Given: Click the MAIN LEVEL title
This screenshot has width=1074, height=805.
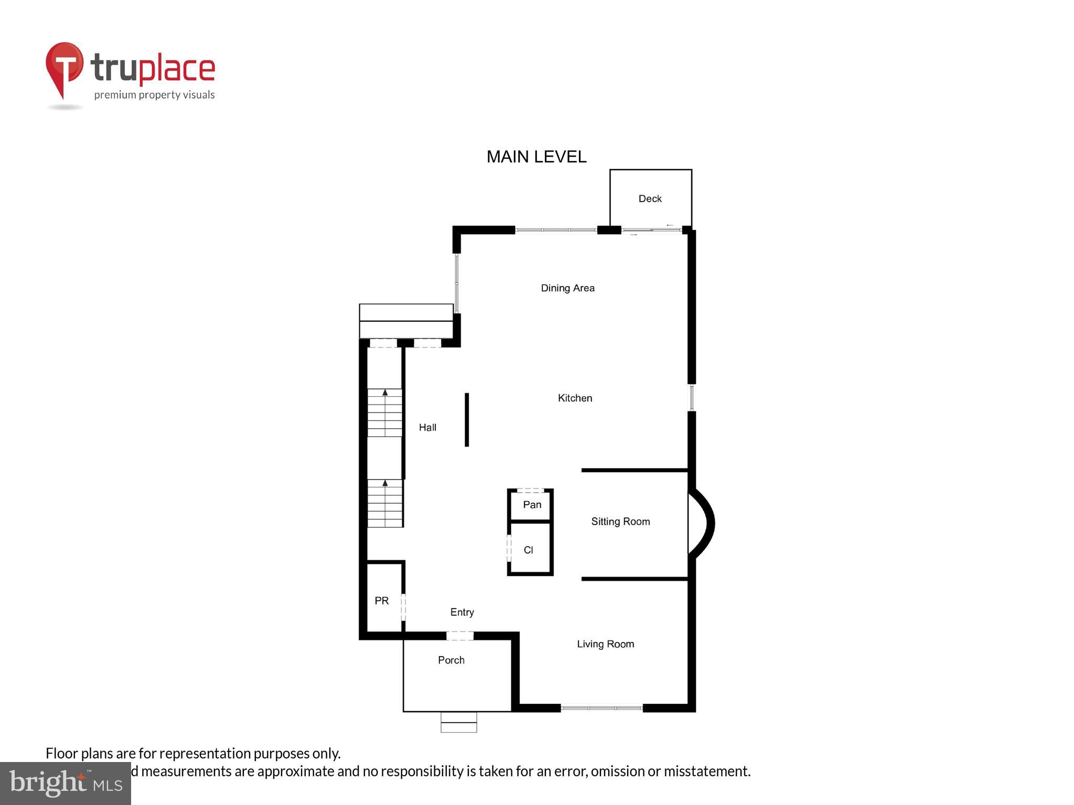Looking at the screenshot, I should pyautogui.click(x=536, y=157).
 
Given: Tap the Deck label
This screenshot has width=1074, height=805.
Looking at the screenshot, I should pyautogui.click(x=650, y=199).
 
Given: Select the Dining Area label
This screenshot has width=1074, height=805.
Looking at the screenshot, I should pyautogui.click(x=567, y=288).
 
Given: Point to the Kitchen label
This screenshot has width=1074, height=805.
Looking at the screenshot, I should pyautogui.click(x=575, y=398).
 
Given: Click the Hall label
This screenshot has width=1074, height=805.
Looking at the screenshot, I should pyautogui.click(x=427, y=428).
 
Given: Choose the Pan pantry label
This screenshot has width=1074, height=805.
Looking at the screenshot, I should pyautogui.click(x=532, y=505).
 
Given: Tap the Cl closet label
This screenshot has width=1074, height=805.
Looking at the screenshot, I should pyautogui.click(x=528, y=550).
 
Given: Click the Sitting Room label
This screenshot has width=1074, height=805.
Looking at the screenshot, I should pyautogui.click(x=620, y=521).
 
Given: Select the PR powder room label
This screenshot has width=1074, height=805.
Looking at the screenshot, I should pyautogui.click(x=381, y=601).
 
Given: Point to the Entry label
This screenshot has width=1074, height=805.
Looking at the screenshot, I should pyautogui.click(x=462, y=612).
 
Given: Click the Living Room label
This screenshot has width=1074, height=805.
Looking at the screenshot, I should pyautogui.click(x=605, y=644).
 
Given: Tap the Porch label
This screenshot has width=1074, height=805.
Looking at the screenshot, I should pyautogui.click(x=451, y=660).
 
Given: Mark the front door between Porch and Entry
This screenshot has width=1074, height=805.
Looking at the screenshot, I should pyautogui.click(x=460, y=636).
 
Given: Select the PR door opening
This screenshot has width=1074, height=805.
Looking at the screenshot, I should pyautogui.click(x=403, y=607).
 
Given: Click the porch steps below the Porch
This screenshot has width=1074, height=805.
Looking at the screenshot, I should pyautogui.click(x=459, y=722).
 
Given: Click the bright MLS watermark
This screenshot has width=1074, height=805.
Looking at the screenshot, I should pyautogui.click(x=65, y=783).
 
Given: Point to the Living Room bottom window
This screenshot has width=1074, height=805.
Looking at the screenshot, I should pyautogui.click(x=602, y=708).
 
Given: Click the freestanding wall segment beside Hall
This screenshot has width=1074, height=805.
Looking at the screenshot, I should pyautogui.click(x=467, y=419).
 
